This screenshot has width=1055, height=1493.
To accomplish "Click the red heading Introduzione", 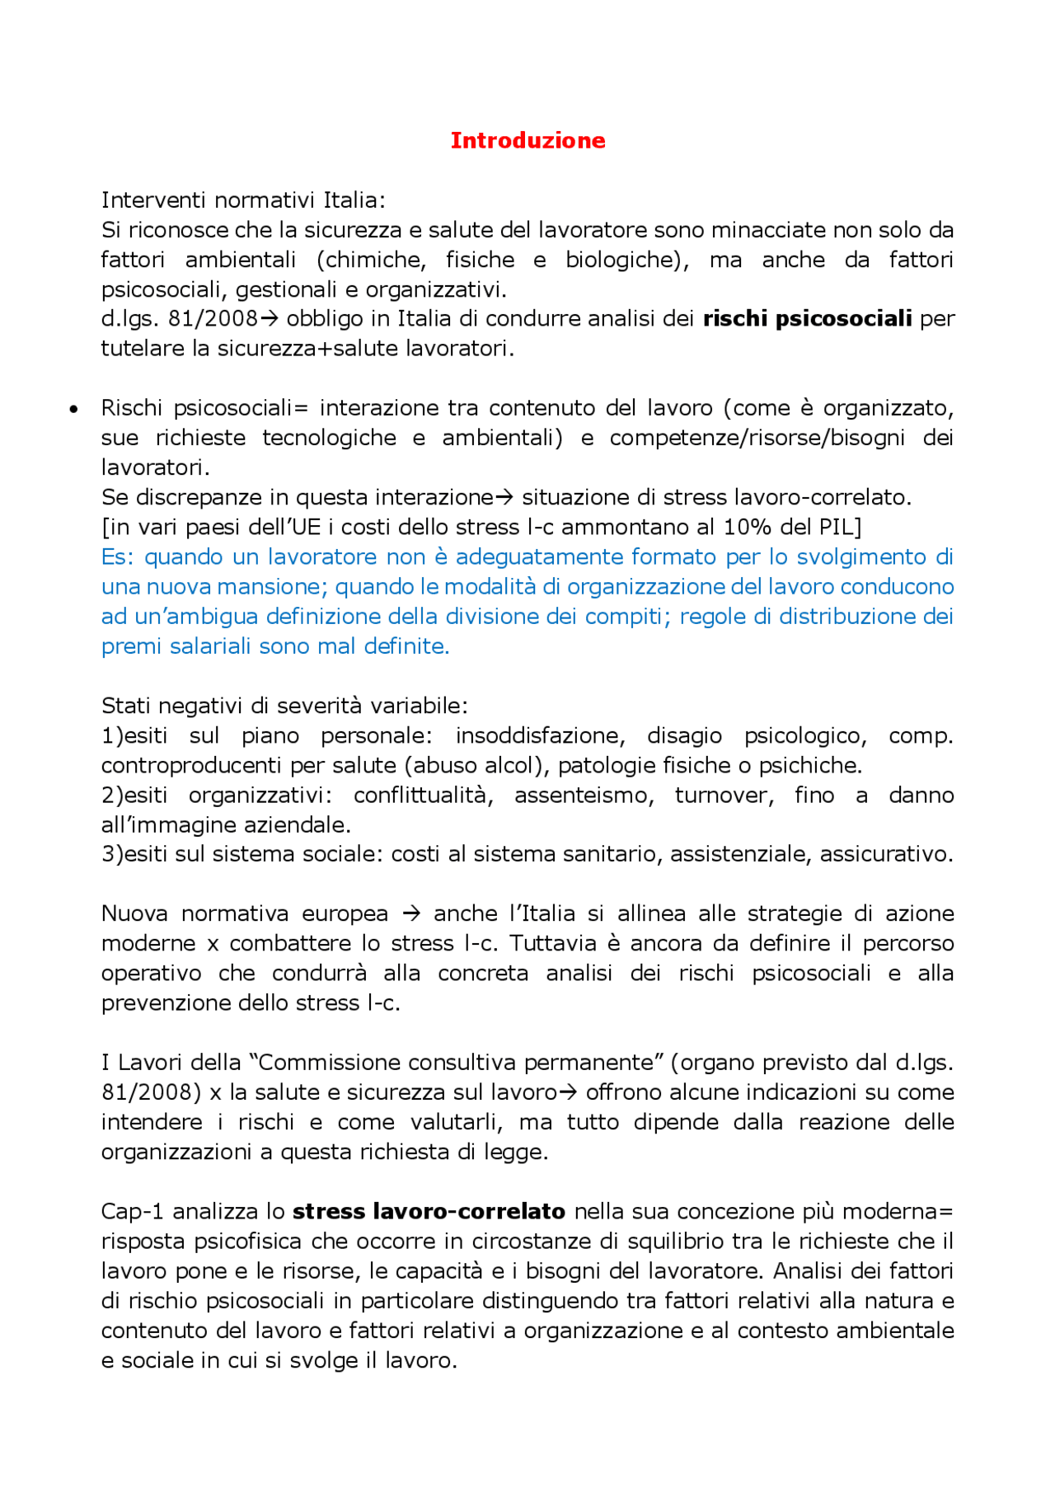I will tap(527, 140).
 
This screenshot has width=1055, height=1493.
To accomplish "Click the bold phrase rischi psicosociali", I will tap(807, 319).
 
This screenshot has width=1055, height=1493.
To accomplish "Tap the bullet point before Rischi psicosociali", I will tap(74, 409).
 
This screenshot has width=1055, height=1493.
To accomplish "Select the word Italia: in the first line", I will tap(354, 200).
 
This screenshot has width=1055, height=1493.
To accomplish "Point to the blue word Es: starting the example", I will tap(118, 557).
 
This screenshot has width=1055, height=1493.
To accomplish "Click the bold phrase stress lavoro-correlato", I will tap(429, 1212).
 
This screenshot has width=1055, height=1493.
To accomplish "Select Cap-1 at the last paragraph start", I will tap(132, 1212).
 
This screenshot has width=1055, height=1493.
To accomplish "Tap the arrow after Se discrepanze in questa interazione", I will tap(504, 498).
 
